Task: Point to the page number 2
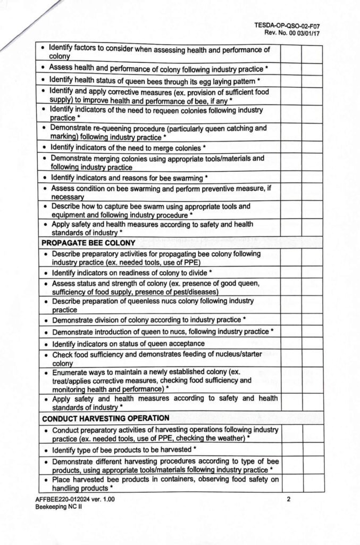point(288,499)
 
